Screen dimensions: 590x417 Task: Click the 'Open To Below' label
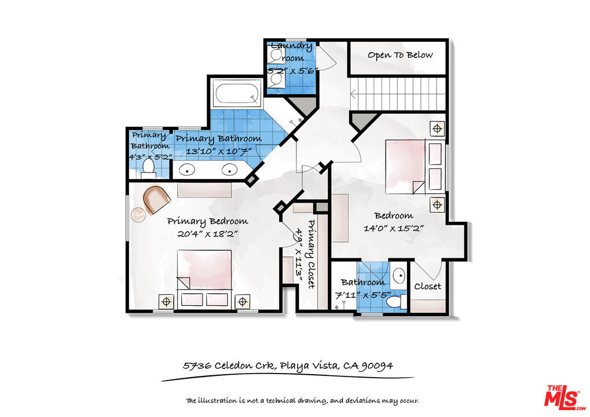pyautogui.click(x=400, y=56)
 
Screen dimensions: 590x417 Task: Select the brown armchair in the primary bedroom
pyautogui.click(x=156, y=199)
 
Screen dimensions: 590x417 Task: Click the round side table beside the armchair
pyautogui.click(x=138, y=214)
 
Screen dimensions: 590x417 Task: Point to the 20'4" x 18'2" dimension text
pyautogui.click(x=207, y=234)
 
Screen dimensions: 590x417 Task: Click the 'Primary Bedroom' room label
pyautogui.click(x=207, y=222)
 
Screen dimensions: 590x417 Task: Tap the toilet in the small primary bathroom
pyautogui.click(x=149, y=169)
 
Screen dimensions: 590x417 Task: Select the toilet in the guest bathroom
pyautogui.click(x=397, y=302)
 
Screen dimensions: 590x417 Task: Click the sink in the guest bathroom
pyautogui.click(x=398, y=276)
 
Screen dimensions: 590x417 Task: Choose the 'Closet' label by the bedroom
pyautogui.click(x=427, y=287)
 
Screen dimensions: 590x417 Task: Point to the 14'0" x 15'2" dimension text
pyautogui.click(x=394, y=228)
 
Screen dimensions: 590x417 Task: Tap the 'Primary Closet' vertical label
pyautogui.click(x=311, y=254)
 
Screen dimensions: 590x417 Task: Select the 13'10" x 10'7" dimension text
pyautogui.click(x=219, y=151)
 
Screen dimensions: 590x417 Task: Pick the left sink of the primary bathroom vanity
pyautogui.click(x=186, y=170)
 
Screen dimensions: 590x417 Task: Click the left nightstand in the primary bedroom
pyautogui.click(x=166, y=302)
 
